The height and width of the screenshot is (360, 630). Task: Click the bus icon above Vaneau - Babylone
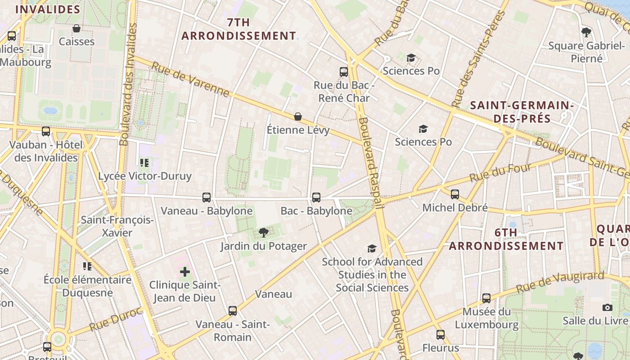click(x=207, y=197)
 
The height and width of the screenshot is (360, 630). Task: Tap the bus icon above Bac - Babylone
click(x=316, y=197)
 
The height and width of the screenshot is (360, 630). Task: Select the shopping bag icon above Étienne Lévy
click(x=297, y=117)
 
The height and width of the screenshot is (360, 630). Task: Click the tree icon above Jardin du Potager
click(x=264, y=233)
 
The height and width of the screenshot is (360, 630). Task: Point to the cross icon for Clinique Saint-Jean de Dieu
click(x=185, y=271)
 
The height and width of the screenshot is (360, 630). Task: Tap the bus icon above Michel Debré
click(x=455, y=194)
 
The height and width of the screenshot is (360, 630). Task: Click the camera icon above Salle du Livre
click(x=607, y=307)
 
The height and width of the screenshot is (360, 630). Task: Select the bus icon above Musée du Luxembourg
click(x=486, y=298)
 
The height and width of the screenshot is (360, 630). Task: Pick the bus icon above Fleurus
click(x=441, y=334)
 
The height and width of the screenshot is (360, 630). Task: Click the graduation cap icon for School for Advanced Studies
click(x=372, y=248)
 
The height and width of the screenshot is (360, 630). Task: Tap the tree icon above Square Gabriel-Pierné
click(x=586, y=32)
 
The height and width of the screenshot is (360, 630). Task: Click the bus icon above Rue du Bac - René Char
click(x=344, y=72)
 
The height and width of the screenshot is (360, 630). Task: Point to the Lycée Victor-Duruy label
click(x=145, y=176)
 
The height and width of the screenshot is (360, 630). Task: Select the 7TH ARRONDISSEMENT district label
click(x=238, y=29)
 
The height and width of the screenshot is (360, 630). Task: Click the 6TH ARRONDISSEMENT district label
click(x=506, y=239)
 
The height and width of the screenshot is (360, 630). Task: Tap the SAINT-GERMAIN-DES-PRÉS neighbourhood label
click(x=522, y=112)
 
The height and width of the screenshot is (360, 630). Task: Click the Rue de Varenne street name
click(x=190, y=79)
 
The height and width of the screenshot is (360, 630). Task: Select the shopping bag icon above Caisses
click(x=76, y=28)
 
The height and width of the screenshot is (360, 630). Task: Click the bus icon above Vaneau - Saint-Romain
click(x=233, y=310)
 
